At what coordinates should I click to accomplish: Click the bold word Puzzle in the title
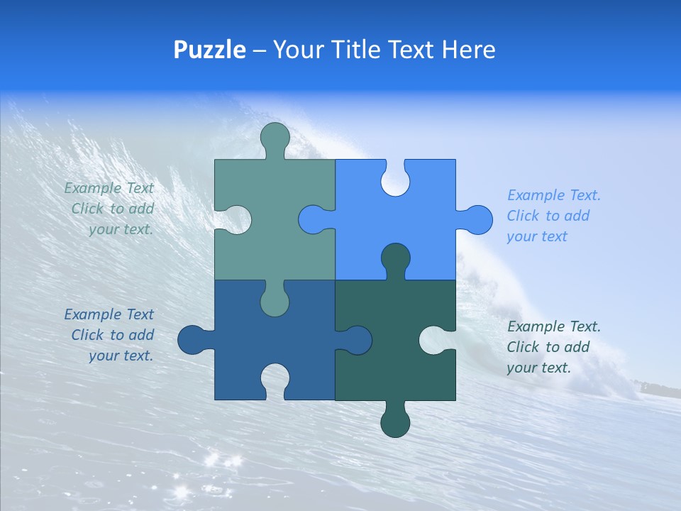coord(210,50)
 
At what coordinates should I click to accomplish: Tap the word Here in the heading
coord(468,50)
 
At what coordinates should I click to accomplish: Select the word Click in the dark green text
coord(523,347)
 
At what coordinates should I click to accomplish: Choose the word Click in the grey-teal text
coord(87,209)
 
